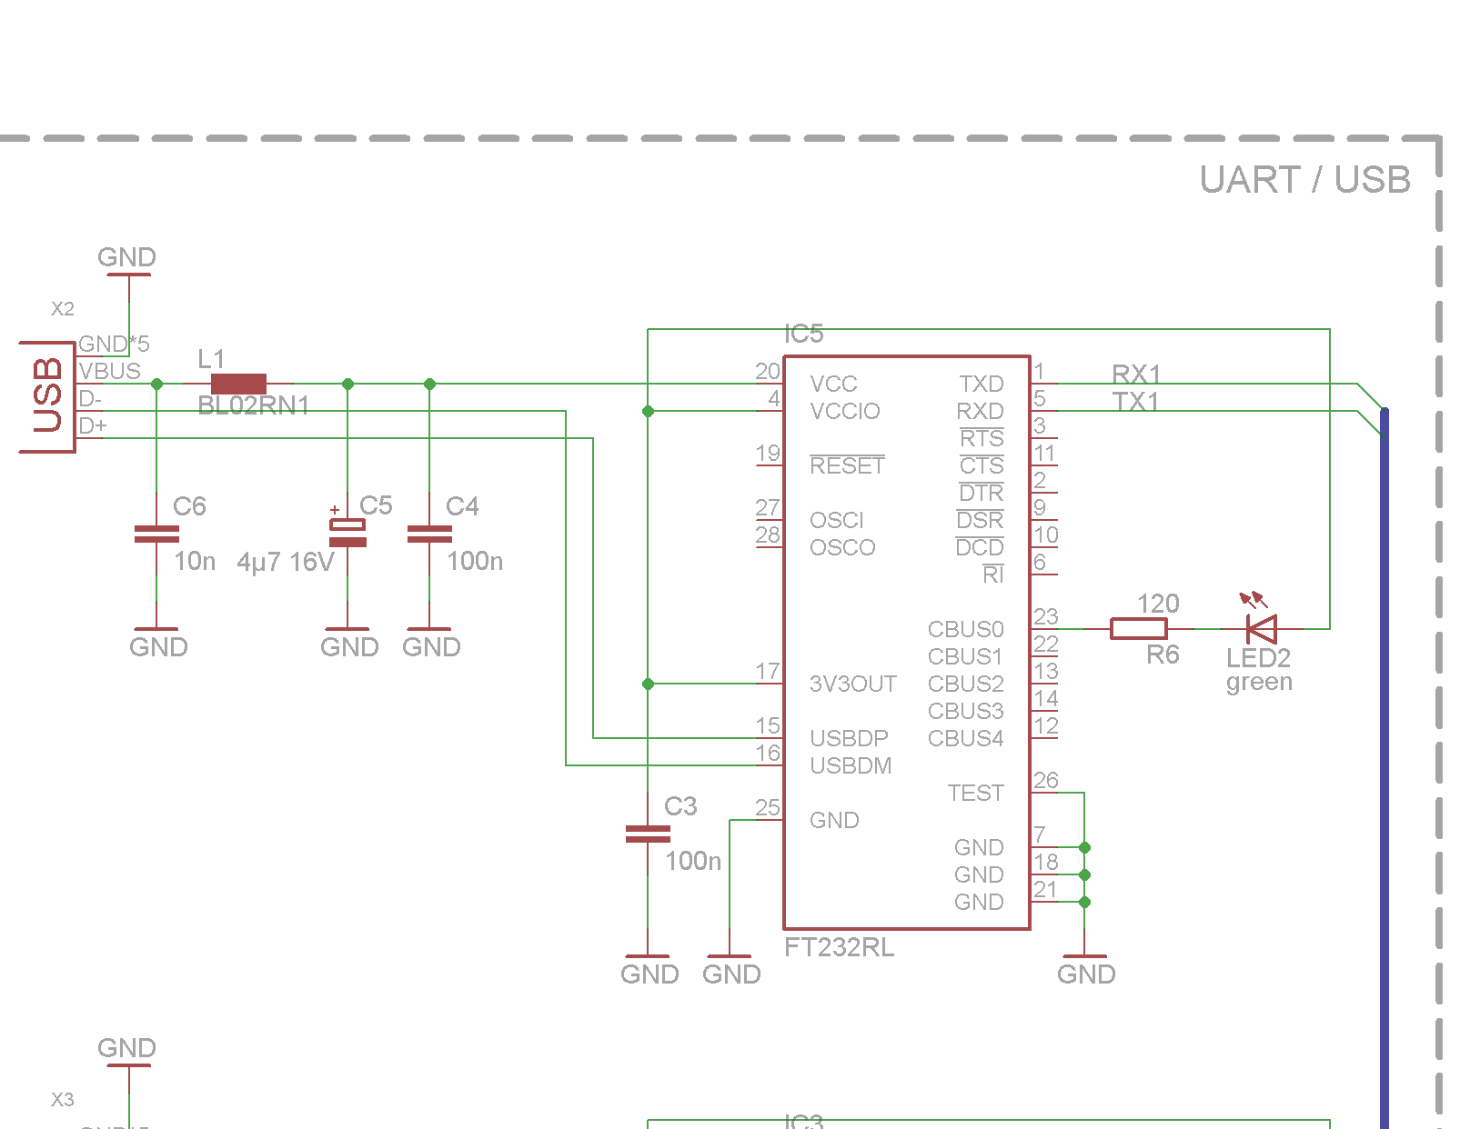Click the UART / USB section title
[1304, 180]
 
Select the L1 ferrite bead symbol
[238, 384]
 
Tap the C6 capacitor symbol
[156, 535]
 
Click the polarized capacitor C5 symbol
[347, 533]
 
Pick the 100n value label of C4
[474, 561]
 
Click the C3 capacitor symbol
[648, 834]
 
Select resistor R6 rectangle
[1138, 628]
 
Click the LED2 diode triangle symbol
[1262, 628]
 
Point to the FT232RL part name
[839, 947]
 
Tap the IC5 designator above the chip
[803, 334]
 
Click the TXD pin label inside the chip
[981, 384]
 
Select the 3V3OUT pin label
[852, 684]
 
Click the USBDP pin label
[848, 738]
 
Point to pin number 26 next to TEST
[1045, 780]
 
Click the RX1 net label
[1135, 374]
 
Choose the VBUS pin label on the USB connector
[109, 371]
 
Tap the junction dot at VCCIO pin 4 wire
[648, 411]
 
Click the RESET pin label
[847, 465]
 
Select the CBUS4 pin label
[965, 738]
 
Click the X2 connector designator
[62, 309]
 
